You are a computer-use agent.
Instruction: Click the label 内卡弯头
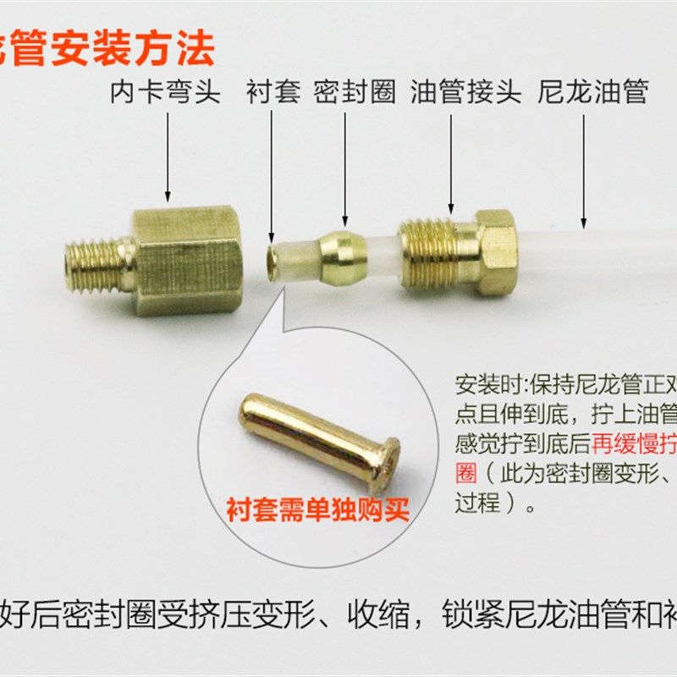[165, 91]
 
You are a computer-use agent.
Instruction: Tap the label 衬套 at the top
[273, 91]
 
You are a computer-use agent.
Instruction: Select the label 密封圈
[355, 91]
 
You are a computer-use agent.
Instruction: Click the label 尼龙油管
[592, 91]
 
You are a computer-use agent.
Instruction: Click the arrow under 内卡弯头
[168, 157]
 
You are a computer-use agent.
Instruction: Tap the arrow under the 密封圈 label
[344, 169]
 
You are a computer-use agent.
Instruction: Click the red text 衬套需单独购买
[317, 509]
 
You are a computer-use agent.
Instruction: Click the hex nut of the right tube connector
[496, 250]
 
